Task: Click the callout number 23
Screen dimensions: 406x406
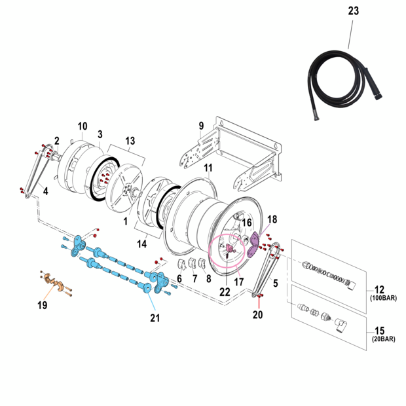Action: tap(354, 10)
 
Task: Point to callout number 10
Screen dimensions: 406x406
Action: tap(83, 126)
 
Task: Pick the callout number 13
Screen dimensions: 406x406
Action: tap(130, 140)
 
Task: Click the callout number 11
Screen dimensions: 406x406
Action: tap(208, 168)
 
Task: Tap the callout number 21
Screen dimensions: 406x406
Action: tap(155, 318)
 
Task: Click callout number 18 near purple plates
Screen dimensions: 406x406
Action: tap(272, 219)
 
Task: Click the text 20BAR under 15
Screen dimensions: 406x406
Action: tap(385, 339)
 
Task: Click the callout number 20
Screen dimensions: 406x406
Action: tap(257, 315)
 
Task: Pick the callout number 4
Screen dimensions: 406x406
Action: tap(46, 192)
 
